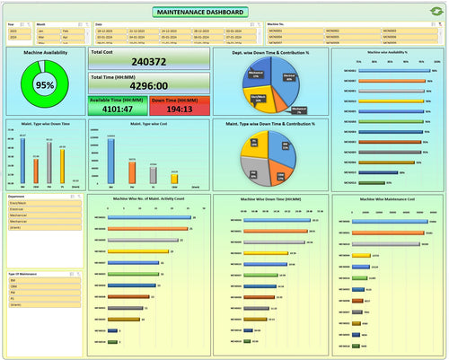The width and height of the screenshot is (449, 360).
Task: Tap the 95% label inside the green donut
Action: [x=44, y=85]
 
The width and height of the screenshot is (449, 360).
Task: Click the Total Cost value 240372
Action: [x=149, y=62]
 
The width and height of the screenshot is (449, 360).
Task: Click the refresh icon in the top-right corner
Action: [x=437, y=12]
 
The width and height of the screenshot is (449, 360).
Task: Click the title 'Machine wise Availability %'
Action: [x=387, y=52]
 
